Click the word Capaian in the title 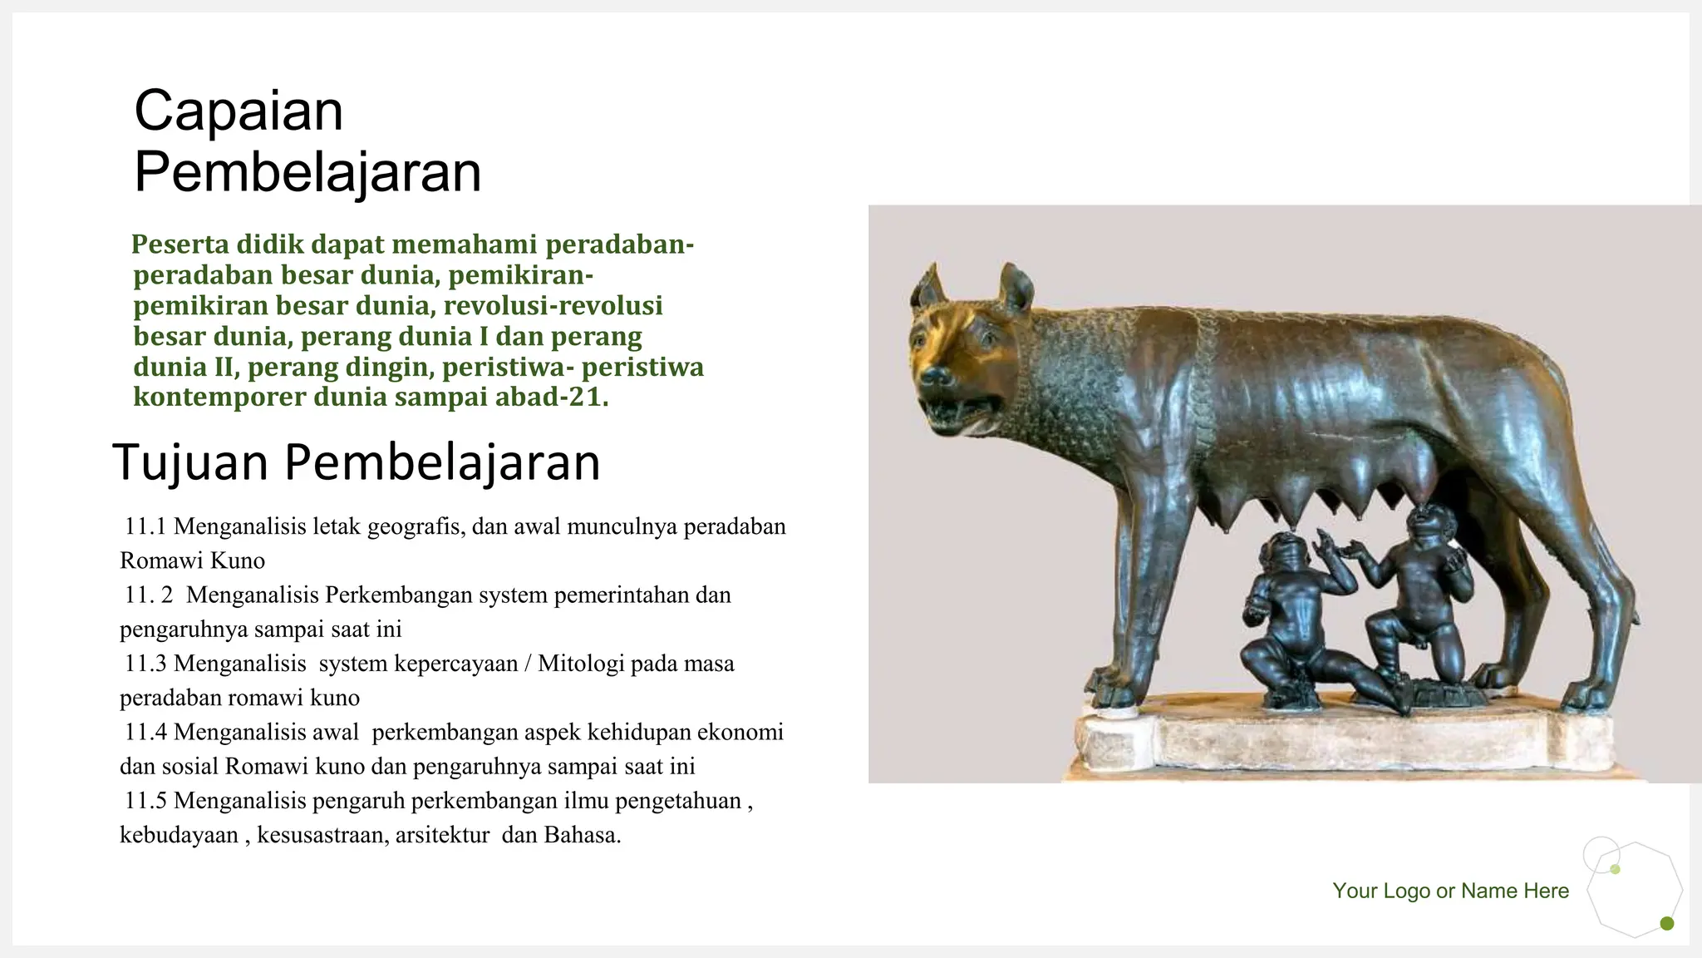point(239,111)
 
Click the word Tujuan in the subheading point(189,462)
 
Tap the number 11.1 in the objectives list point(145,526)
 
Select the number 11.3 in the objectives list point(145,664)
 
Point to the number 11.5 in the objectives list point(145,801)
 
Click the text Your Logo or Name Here point(1450,891)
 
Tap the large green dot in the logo point(1666,923)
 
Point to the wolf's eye point(986,338)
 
